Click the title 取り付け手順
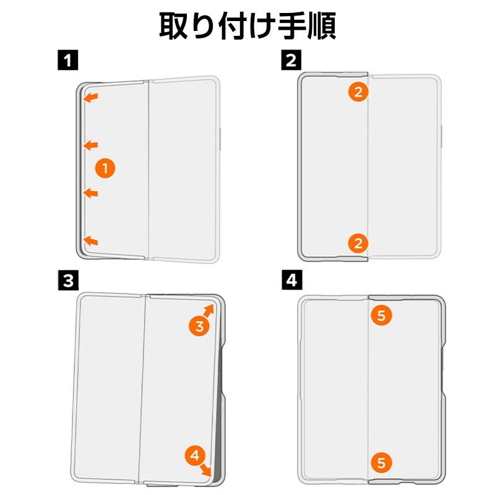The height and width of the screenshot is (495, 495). click(x=247, y=26)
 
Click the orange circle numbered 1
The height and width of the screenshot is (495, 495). click(x=105, y=168)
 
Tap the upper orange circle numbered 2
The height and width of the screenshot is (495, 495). click(x=358, y=93)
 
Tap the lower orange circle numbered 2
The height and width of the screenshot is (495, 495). click(x=358, y=243)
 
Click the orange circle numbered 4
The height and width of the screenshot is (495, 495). click(x=195, y=457)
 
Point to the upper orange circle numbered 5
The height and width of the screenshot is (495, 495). click(x=381, y=316)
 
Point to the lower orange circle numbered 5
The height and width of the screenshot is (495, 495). click(x=381, y=462)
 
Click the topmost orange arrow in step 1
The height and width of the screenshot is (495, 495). click(x=91, y=97)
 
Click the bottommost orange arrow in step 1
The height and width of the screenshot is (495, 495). click(x=91, y=240)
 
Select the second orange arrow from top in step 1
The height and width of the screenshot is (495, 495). click(x=91, y=145)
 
